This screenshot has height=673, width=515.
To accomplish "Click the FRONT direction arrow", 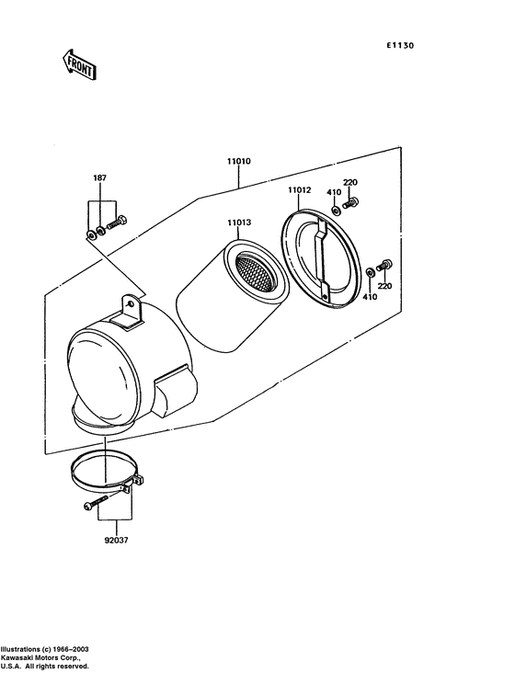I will (x=80, y=64).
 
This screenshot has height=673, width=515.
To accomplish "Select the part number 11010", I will (x=239, y=161).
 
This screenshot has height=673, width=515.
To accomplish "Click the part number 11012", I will (x=299, y=190).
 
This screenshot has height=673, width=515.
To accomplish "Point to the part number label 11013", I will (x=240, y=222).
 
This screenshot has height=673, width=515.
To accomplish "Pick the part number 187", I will (x=99, y=177).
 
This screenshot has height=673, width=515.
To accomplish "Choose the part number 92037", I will (x=119, y=541).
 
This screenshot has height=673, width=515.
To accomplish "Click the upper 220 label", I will (x=349, y=182).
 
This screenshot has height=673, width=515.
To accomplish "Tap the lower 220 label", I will (x=383, y=286).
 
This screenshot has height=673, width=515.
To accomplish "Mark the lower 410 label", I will (x=369, y=297).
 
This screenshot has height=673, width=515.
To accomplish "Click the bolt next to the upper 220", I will (x=351, y=202).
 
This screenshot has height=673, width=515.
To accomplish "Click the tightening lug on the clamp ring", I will (x=139, y=480).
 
